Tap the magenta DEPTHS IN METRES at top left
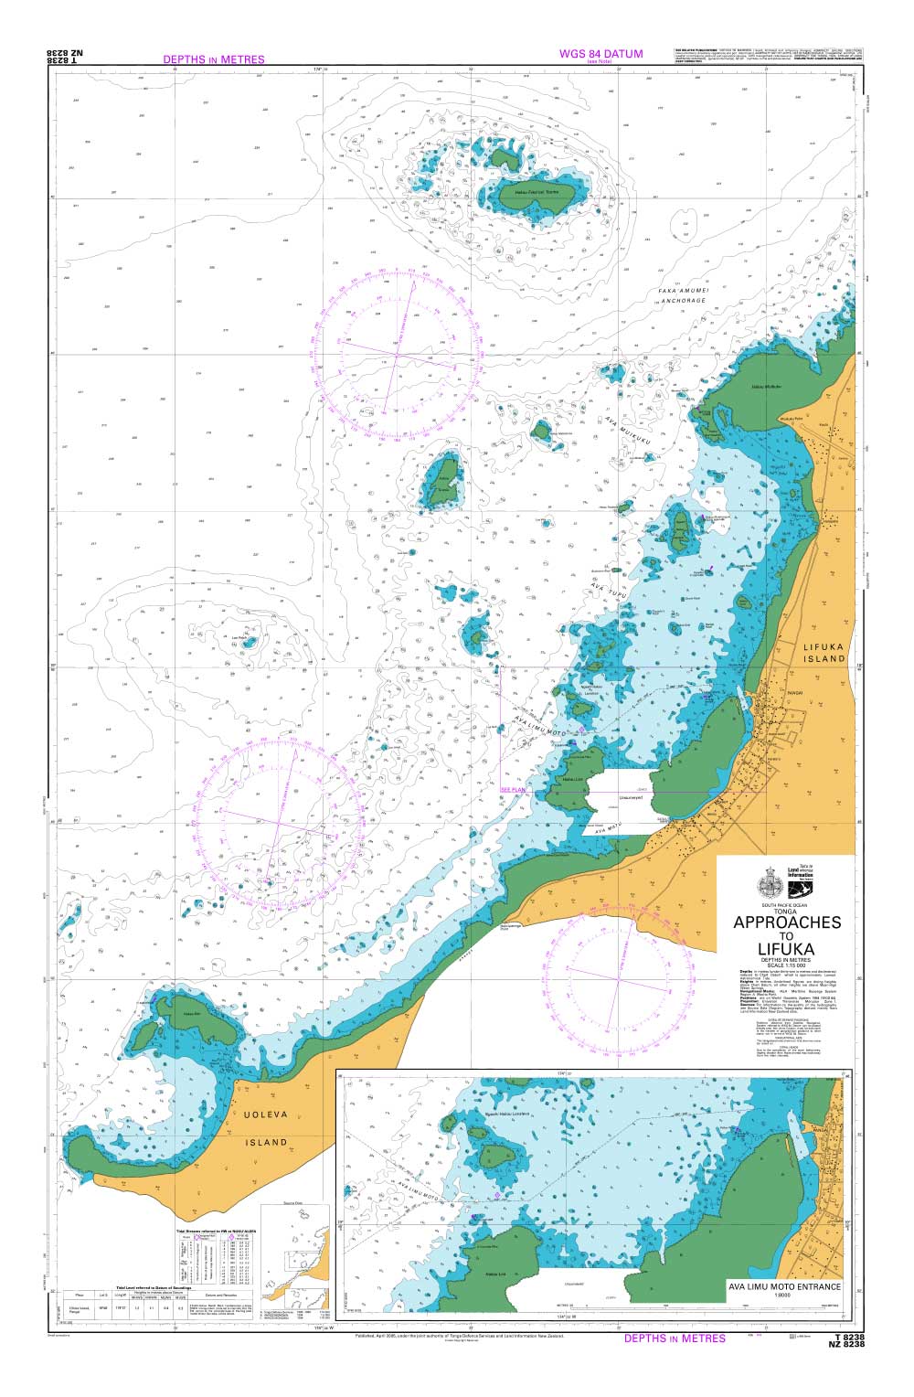click(213, 59)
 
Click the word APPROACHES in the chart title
click(786, 922)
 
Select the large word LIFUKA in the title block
click(786, 949)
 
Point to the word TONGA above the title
click(786, 910)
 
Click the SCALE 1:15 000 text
click(786, 965)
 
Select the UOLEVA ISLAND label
click(266, 1128)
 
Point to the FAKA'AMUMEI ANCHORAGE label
click(683, 295)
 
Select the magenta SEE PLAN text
click(513, 789)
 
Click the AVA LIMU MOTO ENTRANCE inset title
click(784, 1286)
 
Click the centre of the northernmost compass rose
click(396, 352)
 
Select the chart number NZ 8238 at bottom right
click(845, 1344)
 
